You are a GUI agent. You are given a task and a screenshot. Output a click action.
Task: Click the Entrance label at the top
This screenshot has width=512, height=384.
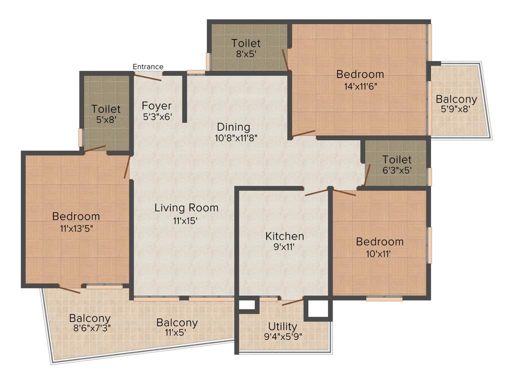(147, 66)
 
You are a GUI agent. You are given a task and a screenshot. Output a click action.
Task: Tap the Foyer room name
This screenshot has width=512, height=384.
(156, 106)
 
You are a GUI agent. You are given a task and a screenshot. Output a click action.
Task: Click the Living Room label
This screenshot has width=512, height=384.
(186, 207)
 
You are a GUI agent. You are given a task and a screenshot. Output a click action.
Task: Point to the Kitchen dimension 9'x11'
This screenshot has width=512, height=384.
(284, 246)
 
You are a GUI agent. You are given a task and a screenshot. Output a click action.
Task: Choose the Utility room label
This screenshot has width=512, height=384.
(282, 326)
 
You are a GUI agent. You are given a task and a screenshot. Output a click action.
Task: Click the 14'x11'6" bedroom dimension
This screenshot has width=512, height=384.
(360, 85)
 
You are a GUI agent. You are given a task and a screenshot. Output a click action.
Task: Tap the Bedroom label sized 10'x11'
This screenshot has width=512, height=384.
(379, 242)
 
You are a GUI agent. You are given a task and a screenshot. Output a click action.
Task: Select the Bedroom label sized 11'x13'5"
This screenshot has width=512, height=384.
(76, 216)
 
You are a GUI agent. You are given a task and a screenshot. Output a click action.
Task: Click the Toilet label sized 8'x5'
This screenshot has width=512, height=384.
(246, 43)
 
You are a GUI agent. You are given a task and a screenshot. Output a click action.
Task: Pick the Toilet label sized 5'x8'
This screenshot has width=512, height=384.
(106, 108)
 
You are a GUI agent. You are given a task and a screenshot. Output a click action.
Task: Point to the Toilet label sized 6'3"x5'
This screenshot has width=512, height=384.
(397, 159)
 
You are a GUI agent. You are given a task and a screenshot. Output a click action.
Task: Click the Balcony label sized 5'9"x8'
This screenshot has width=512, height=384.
(456, 98)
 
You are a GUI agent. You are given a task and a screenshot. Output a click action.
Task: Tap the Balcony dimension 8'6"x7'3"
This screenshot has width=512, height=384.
(90, 328)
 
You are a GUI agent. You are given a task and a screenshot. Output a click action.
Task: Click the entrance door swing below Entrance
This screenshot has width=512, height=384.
(148, 76)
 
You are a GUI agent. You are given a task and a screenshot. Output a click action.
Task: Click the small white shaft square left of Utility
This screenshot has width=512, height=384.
(246, 304)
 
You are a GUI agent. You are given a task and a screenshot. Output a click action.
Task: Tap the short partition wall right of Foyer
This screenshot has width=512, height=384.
(184, 97)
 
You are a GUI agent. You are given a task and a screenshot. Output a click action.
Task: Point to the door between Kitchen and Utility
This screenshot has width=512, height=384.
(292, 301)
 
